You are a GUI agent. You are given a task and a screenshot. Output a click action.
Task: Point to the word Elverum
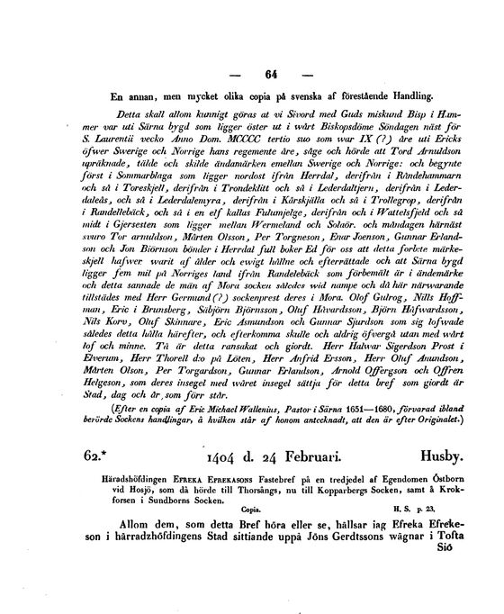point(118,380)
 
